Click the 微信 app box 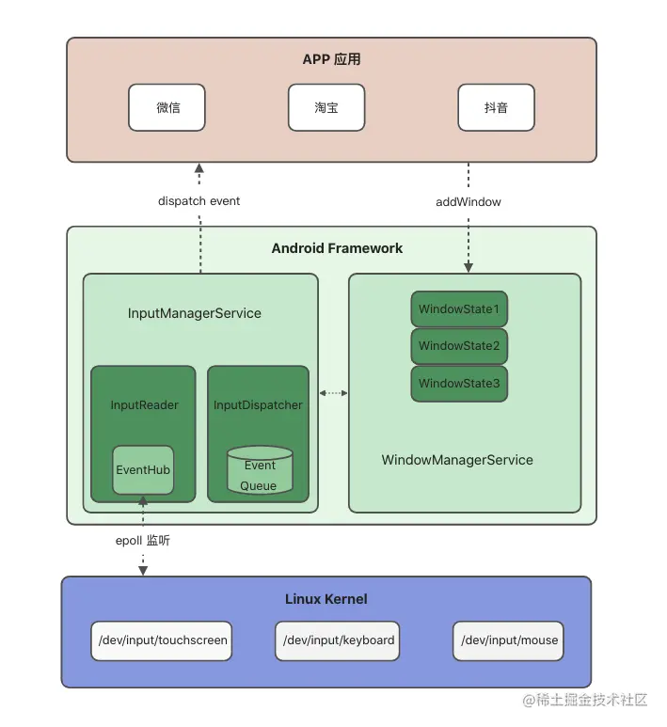(x=167, y=108)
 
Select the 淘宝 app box (x=326, y=108)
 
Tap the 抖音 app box (x=496, y=108)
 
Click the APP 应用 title (x=331, y=59)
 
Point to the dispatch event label (x=199, y=201)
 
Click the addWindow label (x=468, y=201)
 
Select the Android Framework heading (x=337, y=248)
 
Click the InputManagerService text (x=194, y=313)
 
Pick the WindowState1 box (x=458, y=308)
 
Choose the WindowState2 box (x=458, y=345)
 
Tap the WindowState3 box (x=458, y=383)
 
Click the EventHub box (x=143, y=469)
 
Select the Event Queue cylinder (x=259, y=473)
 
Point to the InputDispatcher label (x=258, y=405)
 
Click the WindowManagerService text (x=457, y=460)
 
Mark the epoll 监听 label (x=143, y=541)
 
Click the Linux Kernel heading (x=326, y=599)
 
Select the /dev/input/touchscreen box (x=162, y=640)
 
